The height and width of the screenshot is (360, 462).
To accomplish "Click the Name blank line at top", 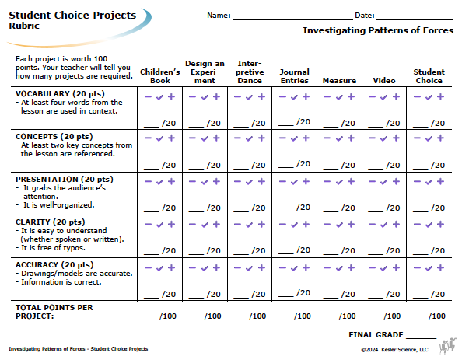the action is pyautogui.click(x=292, y=19).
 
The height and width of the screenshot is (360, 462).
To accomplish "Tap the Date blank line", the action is pyautogui.click(x=415, y=19).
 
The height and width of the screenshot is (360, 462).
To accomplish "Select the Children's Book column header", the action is pyautogui.click(x=160, y=76).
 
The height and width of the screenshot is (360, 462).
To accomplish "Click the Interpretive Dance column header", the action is pyautogui.click(x=250, y=72).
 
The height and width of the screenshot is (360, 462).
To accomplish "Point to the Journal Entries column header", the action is pyautogui.click(x=294, y=76).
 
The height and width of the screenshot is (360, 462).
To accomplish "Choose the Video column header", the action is pyautogui.click(x=384, y=81).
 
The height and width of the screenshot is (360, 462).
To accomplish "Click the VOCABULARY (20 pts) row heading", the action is pyautogui.click(x=60, y=93).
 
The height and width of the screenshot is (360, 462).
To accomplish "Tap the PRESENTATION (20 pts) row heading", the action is pyautogui.click(x=65, y=179).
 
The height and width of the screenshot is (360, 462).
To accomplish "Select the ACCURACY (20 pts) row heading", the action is pyautogui.click(x=54, y=264).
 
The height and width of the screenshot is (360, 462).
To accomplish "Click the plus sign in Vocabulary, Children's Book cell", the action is pyautogui.click(x=171, y=96).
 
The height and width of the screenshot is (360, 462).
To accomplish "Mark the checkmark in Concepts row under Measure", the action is pyautogui.click(x=339, y=138).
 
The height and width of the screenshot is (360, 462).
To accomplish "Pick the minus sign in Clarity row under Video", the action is pyautogui.click(x=372, y=225).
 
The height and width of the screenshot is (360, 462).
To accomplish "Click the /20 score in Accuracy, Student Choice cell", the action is pyautogui.click(x=438, y=294).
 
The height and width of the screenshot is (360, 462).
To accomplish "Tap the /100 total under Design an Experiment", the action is pyautogui.click(x=213, y=316).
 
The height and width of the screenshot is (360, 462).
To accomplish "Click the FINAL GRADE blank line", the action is pyautogui.click(x=421, y=338).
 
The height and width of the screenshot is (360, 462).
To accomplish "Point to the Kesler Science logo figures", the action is pyautogui.click(x=447, y=345).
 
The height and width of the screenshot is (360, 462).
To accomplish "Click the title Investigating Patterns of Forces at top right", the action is pyautogui.click(x=378, y=30).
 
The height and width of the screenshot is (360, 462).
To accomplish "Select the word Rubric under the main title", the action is pyautogui.click(x=24, y=26).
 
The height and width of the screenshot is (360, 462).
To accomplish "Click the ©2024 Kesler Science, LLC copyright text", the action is pyautogui.click(x=394, y=350).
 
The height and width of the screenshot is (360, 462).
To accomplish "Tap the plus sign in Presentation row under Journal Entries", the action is pyautogui.click(x=306, y=181).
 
